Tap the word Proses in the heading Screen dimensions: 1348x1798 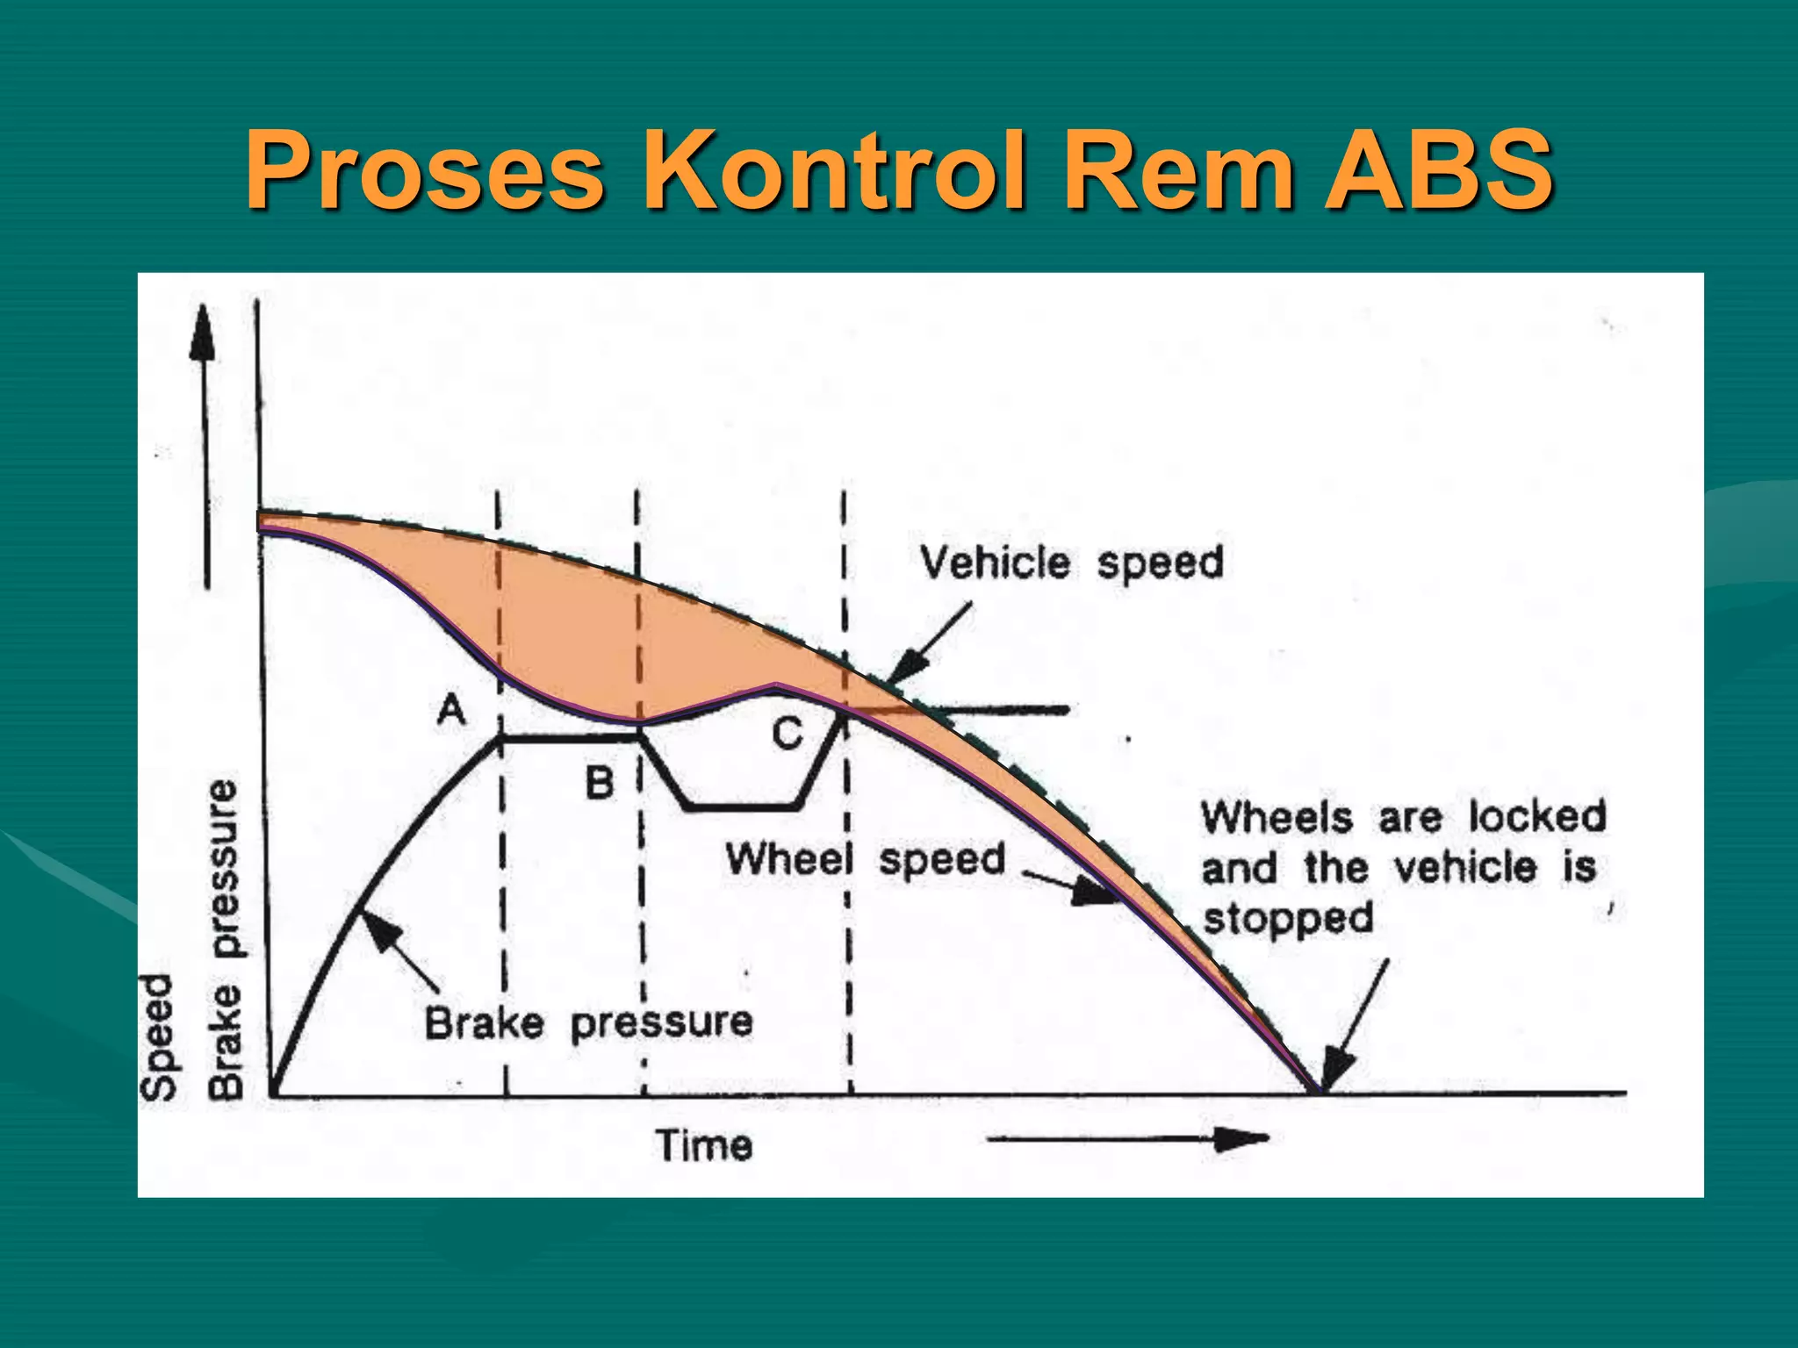425,171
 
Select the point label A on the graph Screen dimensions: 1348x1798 451,708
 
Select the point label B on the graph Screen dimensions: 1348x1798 600,782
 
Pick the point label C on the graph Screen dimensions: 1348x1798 788,733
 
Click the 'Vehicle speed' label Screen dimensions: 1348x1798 1071,563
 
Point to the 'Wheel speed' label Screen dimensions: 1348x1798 865,859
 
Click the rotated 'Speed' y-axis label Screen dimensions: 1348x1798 159,1036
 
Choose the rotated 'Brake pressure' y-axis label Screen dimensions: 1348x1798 226,939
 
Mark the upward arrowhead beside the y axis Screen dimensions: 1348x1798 203,333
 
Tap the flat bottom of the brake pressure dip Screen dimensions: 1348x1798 743,806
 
